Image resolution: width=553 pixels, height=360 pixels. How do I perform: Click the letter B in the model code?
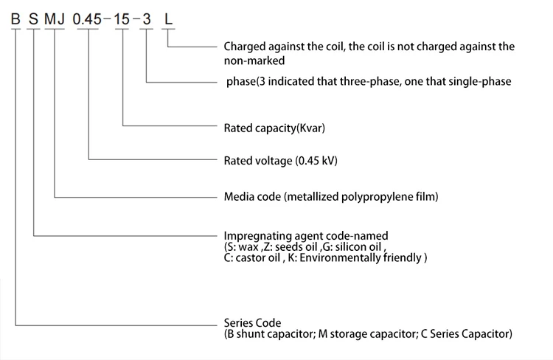(x=15, y=20)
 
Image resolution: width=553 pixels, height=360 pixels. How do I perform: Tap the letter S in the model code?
(x=34, y=20)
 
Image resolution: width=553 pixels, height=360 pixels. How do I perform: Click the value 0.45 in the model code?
(x=89, y=20)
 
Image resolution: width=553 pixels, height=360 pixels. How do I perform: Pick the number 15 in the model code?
(x=122, y=20)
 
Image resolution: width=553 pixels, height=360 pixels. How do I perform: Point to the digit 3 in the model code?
(x=147, y=20)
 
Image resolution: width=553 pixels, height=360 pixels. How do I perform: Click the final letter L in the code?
(x=169, y=20)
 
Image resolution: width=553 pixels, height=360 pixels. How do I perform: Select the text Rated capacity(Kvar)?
(x=274, y=128)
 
